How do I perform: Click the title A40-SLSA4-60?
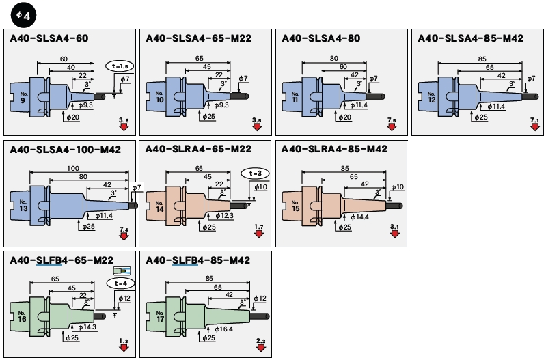tap(49, 40)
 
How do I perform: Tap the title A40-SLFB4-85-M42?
tap(198, 260)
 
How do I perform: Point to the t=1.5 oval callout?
tap(120, 66)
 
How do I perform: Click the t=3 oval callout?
tap(255, 173)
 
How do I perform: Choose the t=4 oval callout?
tap(120, 283)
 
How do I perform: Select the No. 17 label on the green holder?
tap(159, 316)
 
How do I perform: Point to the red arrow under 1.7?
tap(258, 235)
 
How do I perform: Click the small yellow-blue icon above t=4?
tap(120, 271)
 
